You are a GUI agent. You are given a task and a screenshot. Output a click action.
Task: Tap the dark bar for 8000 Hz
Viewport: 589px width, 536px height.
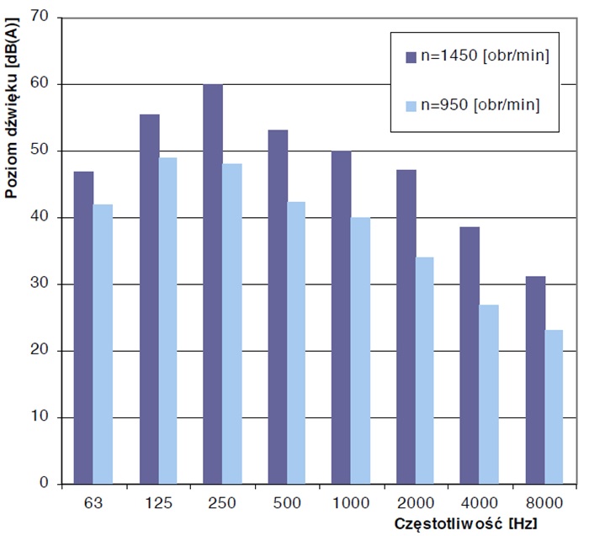coord(534,379)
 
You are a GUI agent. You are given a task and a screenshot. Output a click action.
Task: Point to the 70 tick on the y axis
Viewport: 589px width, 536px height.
coord(40,18)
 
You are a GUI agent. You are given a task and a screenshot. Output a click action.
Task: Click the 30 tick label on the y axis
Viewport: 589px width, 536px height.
coord(40,284)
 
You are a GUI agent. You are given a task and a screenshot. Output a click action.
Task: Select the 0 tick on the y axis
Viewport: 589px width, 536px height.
coord(44,484)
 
